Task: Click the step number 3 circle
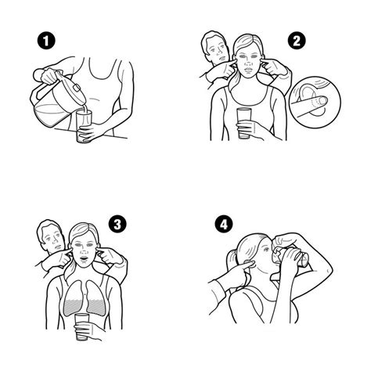coord(119,225)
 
